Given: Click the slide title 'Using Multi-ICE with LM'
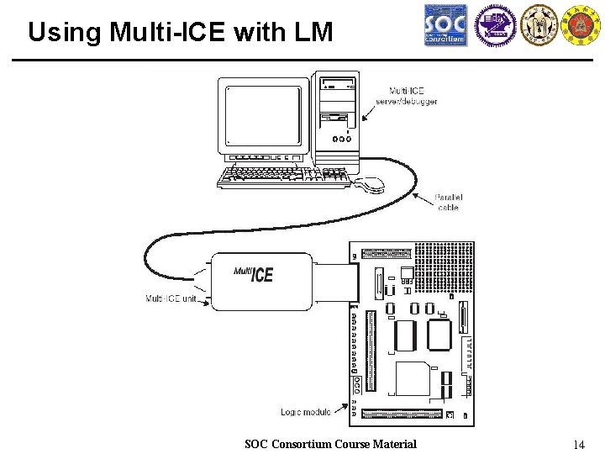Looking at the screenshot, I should tap(180, 32).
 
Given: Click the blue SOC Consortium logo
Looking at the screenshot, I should tap(445, 25).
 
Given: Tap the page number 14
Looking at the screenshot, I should tap(577, 444).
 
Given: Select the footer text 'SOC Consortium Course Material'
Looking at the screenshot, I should tap(330, 444).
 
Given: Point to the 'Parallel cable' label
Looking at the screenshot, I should tap(449, 203).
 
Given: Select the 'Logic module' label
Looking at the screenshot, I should tap(306, 412).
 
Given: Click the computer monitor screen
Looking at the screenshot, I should tap(263, 115).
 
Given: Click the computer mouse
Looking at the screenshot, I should tap(370, 183).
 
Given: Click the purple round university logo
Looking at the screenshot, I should tap(494, 25).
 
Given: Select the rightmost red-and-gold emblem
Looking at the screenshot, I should tap(581, 25).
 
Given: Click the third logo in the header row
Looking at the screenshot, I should tap(539, 25).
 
